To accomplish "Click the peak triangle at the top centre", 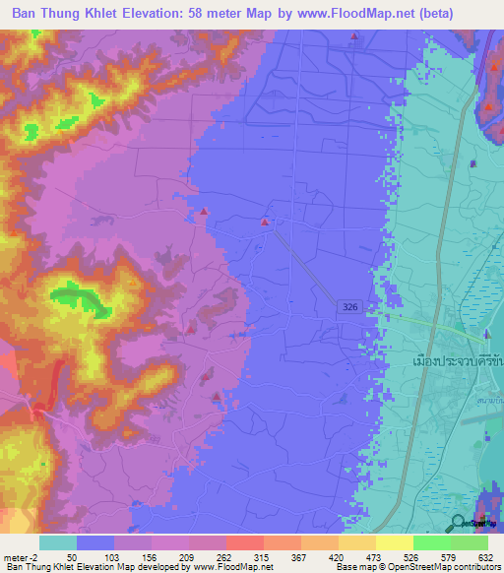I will [x=354, y=38].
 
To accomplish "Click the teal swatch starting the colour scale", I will [x=58, y=541].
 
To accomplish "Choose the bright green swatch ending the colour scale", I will [x=470, y=541].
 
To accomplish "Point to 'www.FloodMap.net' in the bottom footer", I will [x=228, y=567].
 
